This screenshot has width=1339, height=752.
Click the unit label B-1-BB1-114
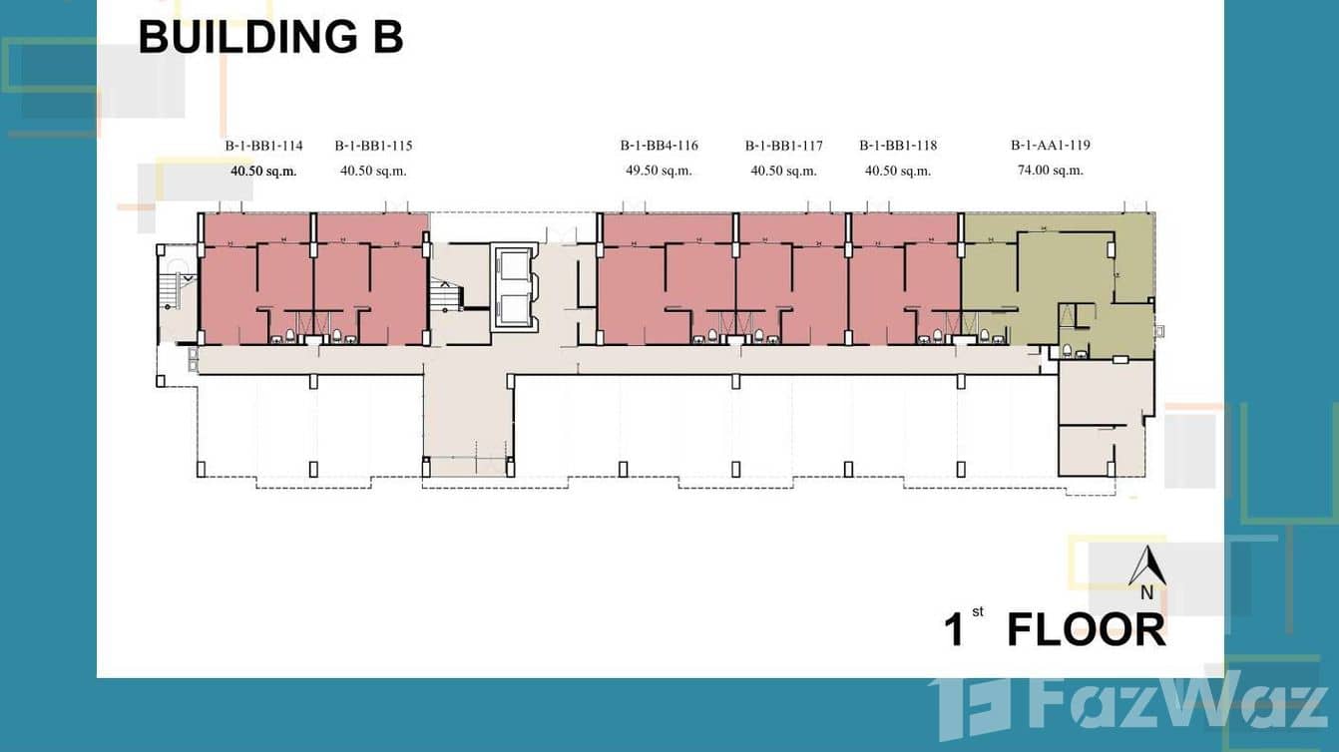(x=263, y=146)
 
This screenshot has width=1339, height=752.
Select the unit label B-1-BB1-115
(x=373, y=146)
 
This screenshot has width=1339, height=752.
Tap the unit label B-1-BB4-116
(x=659, y=146)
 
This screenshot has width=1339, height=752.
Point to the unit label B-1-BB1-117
(x=783, y=146)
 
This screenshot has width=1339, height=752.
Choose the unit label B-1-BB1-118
(x=898, y=146)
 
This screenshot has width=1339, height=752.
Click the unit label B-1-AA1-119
(x=1051, y=146)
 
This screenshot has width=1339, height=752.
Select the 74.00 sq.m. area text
(x=1051, y=171)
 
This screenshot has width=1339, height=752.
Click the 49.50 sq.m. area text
(x=659, y=171)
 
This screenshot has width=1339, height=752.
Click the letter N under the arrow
(x=1146, y=592)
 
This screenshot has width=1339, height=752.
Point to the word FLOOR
(x=1087, y=629)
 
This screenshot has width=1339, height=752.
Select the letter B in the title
(x=388, y=37)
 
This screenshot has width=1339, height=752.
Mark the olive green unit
(x=1057, y=280)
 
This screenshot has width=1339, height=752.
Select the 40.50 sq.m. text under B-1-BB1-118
(x=898, y=171)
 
